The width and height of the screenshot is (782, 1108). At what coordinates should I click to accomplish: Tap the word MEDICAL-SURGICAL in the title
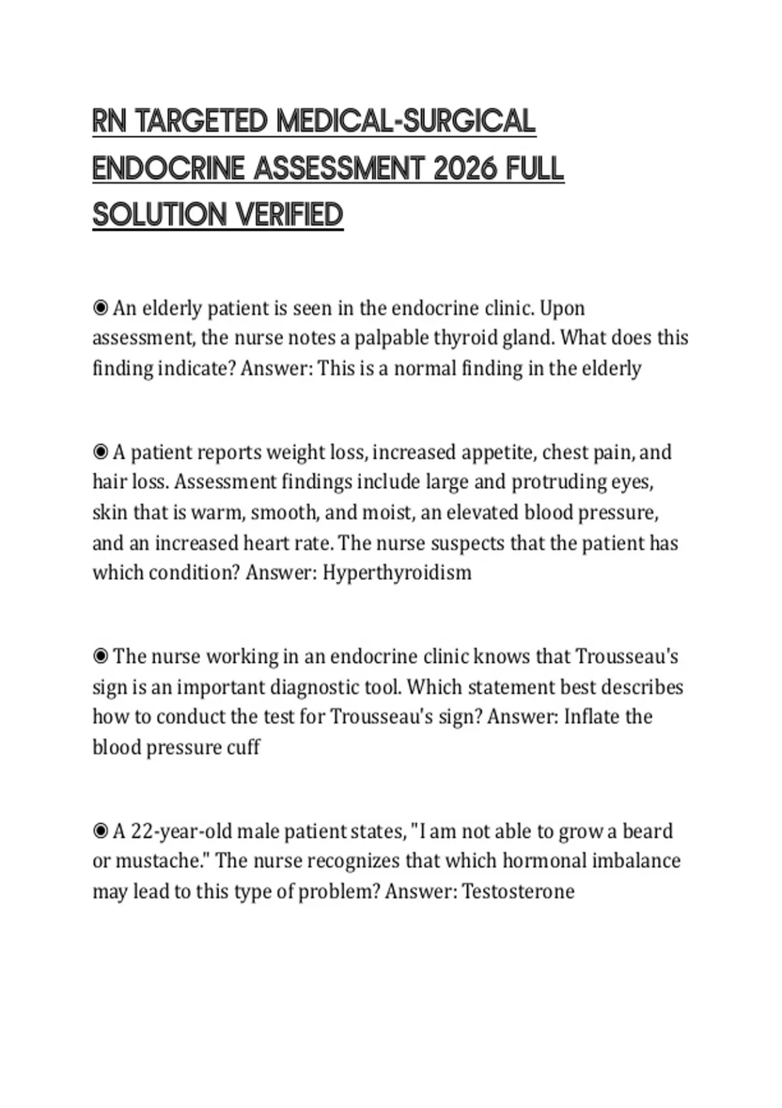405,121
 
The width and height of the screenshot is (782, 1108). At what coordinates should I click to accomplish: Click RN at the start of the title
109,121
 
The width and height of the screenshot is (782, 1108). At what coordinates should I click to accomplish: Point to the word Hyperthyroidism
397,573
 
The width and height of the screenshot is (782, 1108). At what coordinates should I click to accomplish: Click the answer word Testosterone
518,891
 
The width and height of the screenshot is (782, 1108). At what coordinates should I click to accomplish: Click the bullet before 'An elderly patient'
100,308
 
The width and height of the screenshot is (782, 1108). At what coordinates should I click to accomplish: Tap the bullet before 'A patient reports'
100,452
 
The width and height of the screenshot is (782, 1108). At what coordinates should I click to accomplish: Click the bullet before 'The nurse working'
100,656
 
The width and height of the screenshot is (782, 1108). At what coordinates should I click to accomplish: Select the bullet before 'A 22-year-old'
100,831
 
